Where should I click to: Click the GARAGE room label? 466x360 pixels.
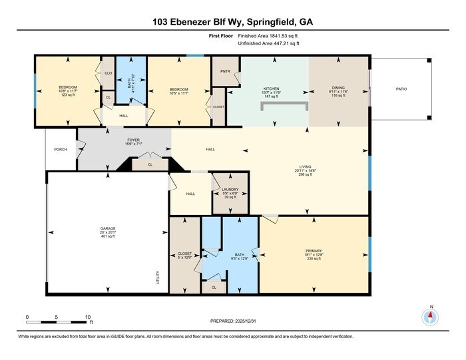(108, 228)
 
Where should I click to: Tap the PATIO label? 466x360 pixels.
(401, 87)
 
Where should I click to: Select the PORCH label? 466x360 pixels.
(61, 150)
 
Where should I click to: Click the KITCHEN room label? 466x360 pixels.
(271, 88)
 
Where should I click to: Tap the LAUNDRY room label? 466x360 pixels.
(230, 189)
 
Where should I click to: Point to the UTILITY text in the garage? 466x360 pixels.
(158, 276)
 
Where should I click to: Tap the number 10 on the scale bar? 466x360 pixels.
(88, 317)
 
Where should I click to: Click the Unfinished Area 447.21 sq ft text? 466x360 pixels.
(268, 43)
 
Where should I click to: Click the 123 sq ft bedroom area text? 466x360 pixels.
(69, 95)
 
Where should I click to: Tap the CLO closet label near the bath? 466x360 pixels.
(108, 73)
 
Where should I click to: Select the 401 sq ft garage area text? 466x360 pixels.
(108, 236)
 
